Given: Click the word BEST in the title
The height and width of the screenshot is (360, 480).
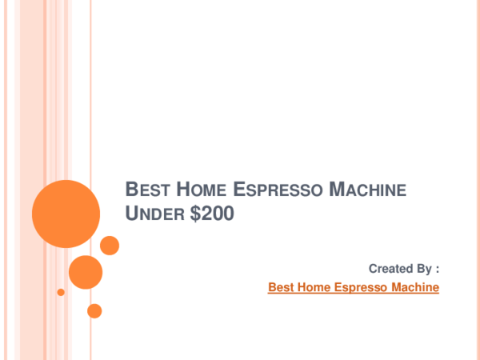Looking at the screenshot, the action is (x=147, y=189).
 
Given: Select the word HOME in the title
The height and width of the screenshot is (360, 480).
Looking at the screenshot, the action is (x=201, y=189).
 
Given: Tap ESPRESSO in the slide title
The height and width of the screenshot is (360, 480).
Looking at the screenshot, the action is (x=278, y=189).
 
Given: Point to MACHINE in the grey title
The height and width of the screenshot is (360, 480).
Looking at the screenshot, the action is (x=368, y=189).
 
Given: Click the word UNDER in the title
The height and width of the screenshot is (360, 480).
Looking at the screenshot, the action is (x=154, y=213).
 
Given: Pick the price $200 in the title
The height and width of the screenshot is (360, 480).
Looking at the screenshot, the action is (x=212, y=213).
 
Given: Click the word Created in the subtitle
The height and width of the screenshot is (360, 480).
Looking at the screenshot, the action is (x=387, y=269).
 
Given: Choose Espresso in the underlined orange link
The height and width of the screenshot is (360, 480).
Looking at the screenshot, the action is (x=361, y=287).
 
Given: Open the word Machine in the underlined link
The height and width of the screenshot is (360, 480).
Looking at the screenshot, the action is (x=415, y=287).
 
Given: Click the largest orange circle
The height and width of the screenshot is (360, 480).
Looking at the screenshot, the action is (x=66, y=214).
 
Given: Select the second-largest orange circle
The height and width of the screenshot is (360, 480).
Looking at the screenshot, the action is (x=86, y=272).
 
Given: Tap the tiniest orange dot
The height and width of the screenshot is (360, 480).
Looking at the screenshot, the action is (x=61, y=292).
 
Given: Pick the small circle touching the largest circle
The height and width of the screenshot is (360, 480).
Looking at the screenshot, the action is (x=110, y=246).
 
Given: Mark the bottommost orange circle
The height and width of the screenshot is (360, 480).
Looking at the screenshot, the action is (x=94, y=311).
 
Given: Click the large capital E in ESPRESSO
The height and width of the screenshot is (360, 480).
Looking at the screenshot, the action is (x=240, y=189).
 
